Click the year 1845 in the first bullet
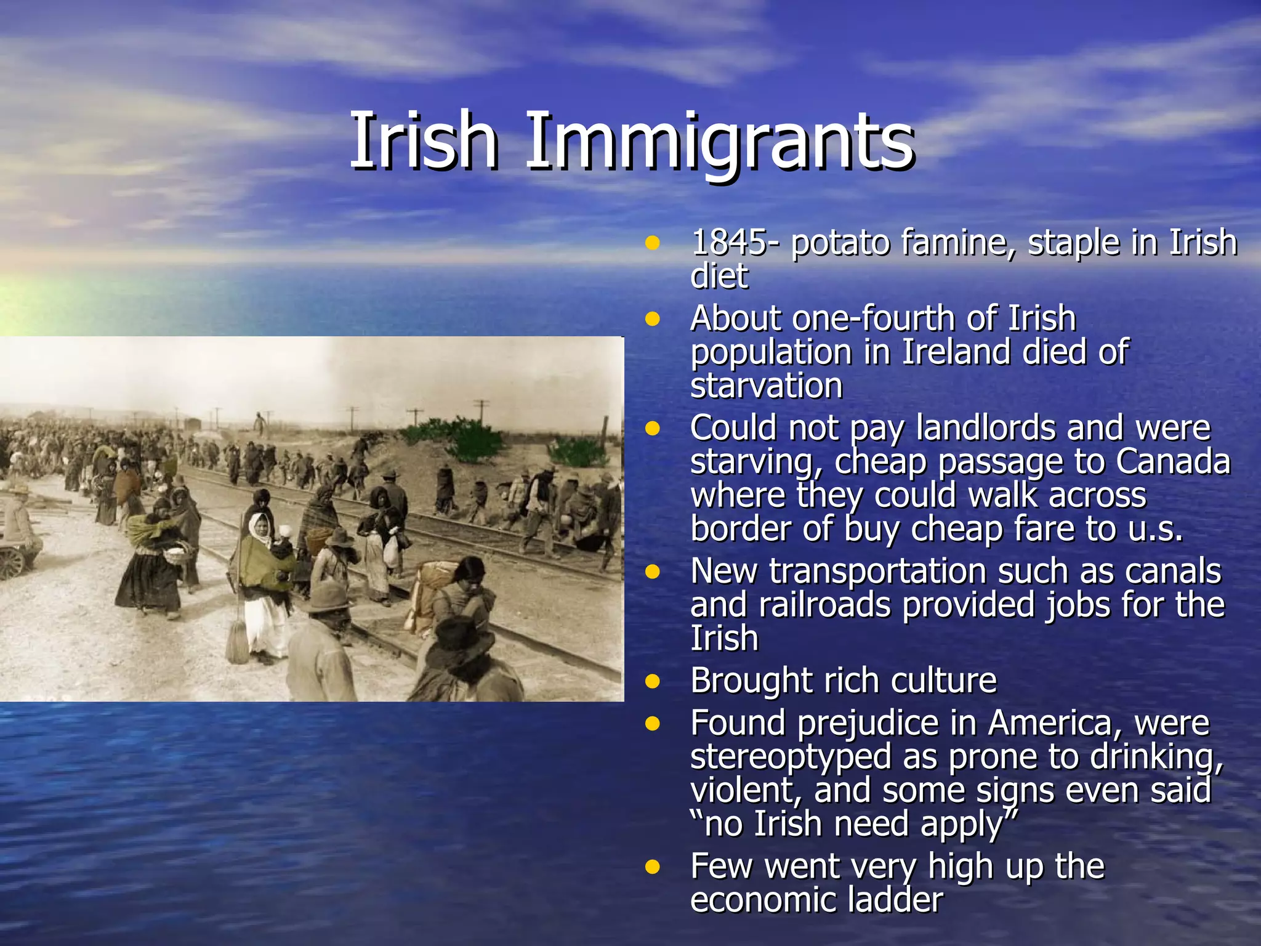[729, 242]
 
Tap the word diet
[719, 275]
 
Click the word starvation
[766, 386]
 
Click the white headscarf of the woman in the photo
[259, 527]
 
